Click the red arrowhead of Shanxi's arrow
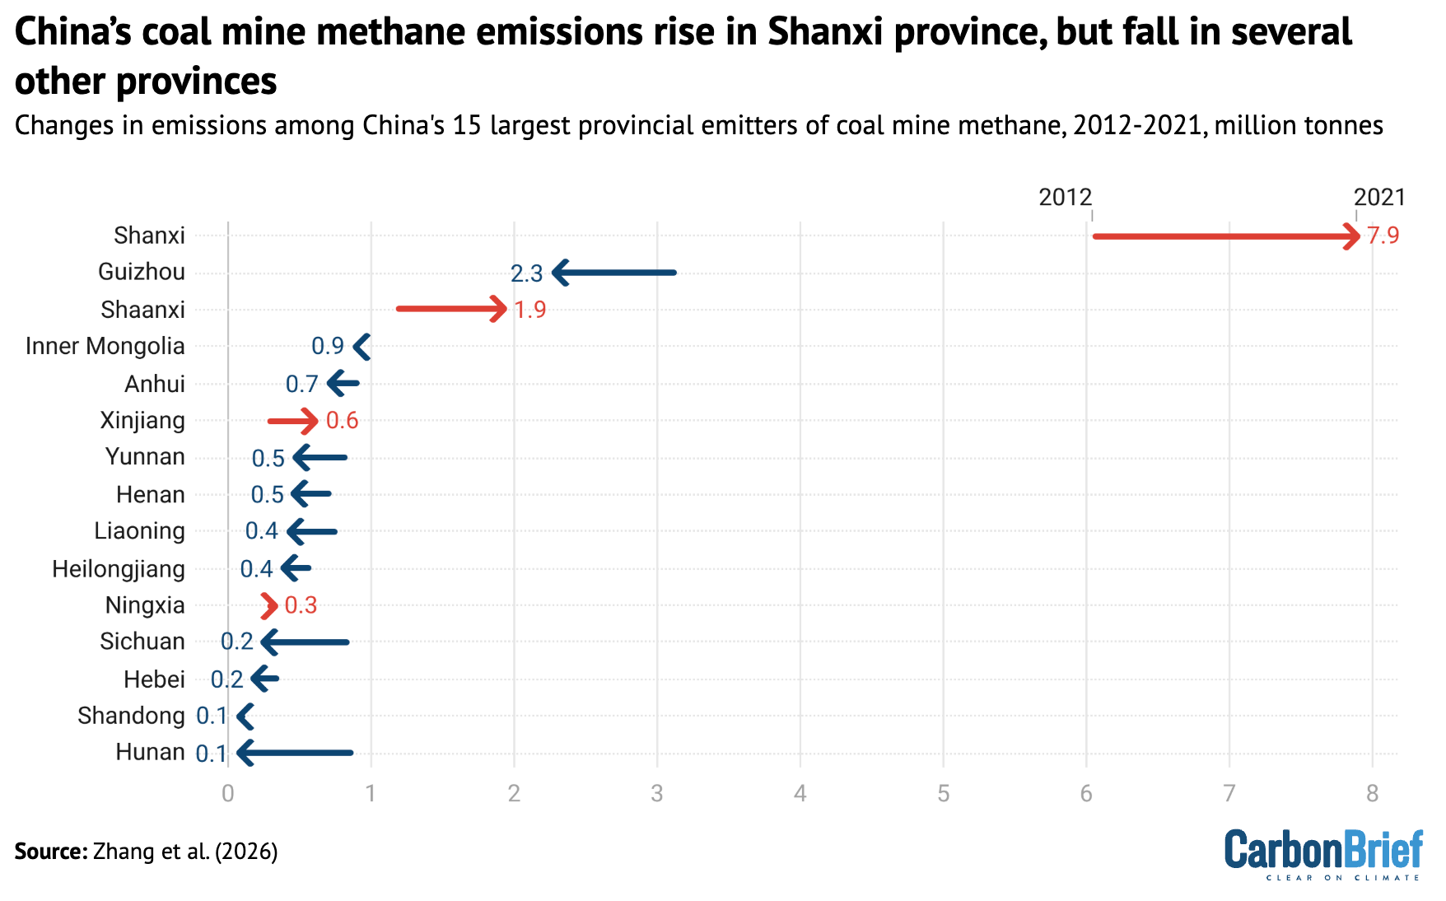[1351, 236]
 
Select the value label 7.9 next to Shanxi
[1383, 236]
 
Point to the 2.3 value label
[526, 273]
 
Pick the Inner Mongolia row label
[105, 346]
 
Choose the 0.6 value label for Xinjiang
[342, 421]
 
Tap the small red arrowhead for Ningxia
[269, 606]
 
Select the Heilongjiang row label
[118, 569]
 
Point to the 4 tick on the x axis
[800, 794]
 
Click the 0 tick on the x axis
[228, 794]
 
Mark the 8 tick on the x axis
[1372, 794]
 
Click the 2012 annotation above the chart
[1065, 198]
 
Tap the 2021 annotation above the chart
[1379, 198]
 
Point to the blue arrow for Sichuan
[306, 642]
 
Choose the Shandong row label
[131, 716]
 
